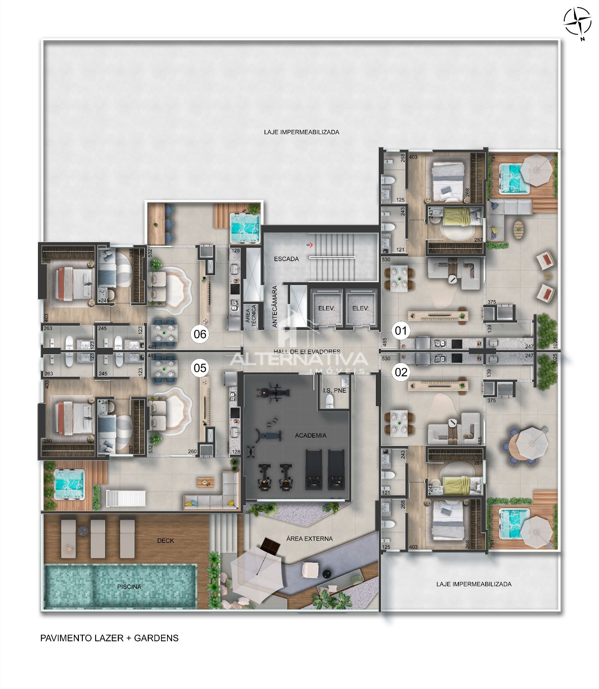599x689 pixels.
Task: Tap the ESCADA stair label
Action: coord(286,259)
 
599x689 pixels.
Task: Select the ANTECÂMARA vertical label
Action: coord(275,306)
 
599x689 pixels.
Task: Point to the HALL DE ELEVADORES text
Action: coord(307,352)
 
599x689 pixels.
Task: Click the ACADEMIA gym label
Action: coord(310,435)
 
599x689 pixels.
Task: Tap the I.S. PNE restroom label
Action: coord(334,390)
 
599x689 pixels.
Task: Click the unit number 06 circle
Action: coord(200,334)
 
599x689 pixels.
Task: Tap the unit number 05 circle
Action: coord(200,368)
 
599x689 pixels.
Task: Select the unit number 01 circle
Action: coord(401,330)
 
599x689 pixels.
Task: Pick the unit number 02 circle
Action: coord(401,372)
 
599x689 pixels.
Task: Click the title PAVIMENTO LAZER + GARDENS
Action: coord(109,638)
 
